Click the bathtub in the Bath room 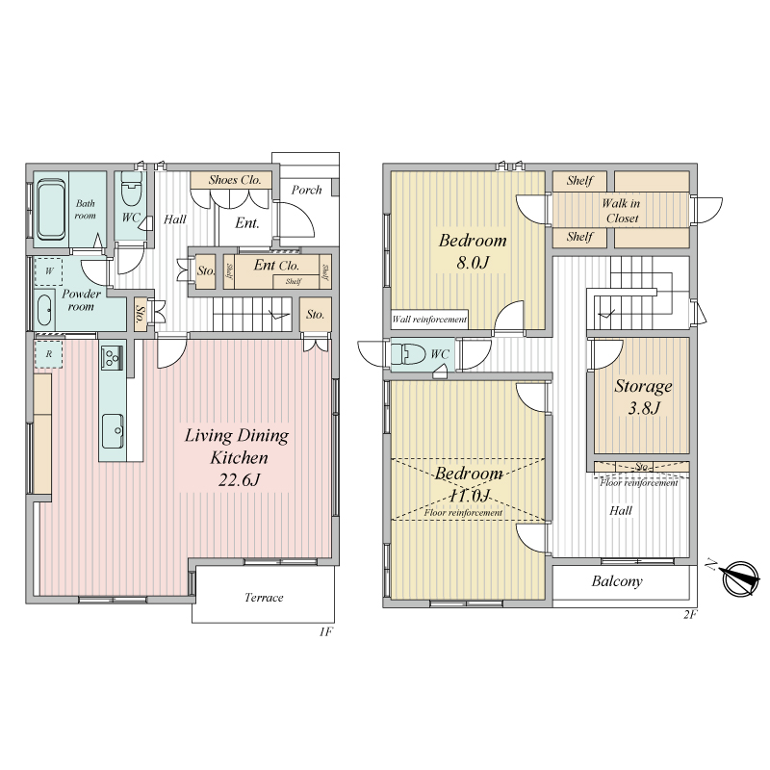click(52, 210)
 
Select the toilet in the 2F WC click(408, 353)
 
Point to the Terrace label click(264, 597)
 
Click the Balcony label click(617, 581)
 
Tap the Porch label click(306, 190)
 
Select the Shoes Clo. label click(234, 180)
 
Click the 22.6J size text click(239, 479)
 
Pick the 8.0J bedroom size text click(473, 262)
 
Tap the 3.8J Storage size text click(644, 407)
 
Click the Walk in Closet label click(621, 211)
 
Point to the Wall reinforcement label click(429, 320)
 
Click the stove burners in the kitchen click(113, 357)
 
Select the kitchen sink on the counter click(113, 431)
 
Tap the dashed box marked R click(48, 354)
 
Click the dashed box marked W click(49, 271)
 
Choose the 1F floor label click(325, 631)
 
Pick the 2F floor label click(690, 614)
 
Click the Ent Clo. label click(276, 266)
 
